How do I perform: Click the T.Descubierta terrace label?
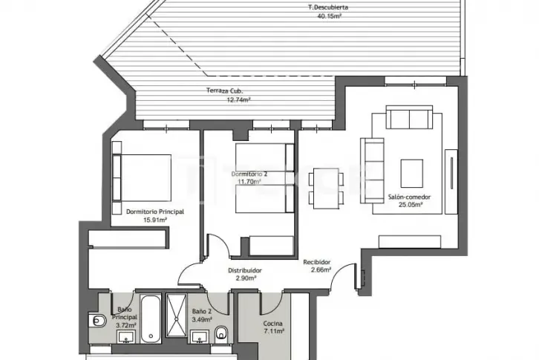[x=327, y=7]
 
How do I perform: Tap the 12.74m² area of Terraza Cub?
[x=238, y=100]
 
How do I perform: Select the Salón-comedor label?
[x=409, y=197]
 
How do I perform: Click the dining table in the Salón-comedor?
[x=326, y=189]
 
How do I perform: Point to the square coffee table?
[x=412, y=173]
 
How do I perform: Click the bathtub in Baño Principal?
[x=151, y=318]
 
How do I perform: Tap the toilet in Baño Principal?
[x=97, y=321]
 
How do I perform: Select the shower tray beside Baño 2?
[x=177, y=315]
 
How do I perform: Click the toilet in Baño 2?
[x=221, y=333]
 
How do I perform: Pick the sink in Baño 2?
[x=200, y=337]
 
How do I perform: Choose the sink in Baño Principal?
[x=126, y=337]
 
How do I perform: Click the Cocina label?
[x=273, y=324]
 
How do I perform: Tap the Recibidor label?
[x=317, y=262]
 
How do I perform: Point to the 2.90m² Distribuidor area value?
[x=246, y=278]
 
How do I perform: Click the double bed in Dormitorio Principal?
[x=142, y=177]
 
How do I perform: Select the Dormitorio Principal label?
[x=155, y=212]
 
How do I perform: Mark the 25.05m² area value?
[x=410, y=205]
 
